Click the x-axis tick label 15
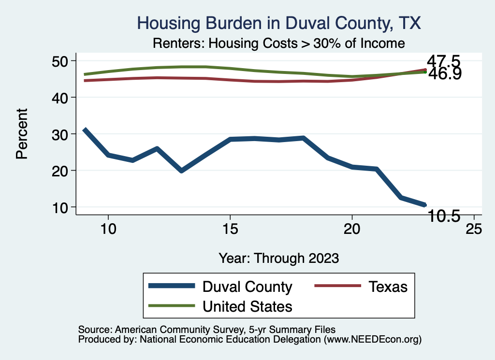230,229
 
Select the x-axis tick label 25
473,229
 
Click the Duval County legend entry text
247,287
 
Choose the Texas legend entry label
388,287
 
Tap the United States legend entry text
247,306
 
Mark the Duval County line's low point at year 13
181,171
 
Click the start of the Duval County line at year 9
85,130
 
